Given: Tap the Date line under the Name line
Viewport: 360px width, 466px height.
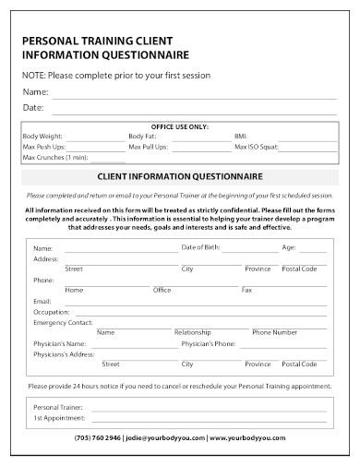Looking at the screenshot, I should [x=194, y=111].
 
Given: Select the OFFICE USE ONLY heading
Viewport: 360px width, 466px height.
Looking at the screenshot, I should [x=179, y=126].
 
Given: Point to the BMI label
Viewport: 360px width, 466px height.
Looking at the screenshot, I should [x=242, y=137].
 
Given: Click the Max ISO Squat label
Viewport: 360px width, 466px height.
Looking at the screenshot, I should [x=258, y=147].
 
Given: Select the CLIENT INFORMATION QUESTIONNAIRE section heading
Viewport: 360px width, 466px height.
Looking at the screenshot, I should [x=180, y=175].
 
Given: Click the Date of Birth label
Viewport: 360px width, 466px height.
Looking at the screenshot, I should [x=200, y=247].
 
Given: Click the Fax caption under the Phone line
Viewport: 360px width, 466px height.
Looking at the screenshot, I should [x=246, y=290].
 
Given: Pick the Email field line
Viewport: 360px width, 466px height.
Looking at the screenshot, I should [x=190, y=304].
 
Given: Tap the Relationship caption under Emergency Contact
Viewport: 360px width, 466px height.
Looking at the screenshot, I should [x=193, y=331].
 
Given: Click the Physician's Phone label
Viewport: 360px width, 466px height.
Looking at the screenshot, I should [x=209, y=342].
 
